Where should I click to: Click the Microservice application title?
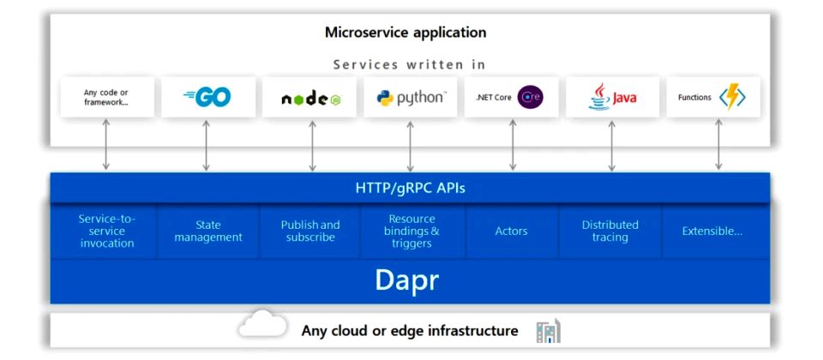pyautogui.click(x=405, y=33)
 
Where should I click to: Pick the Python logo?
pyautogui.click(x=411, y=98)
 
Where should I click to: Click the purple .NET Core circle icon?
pyautogui.click(x=531, y=98)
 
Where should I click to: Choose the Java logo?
pyautogui.click(x=612, y=98)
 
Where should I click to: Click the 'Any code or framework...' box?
pyautogui.click(x=106, y=98)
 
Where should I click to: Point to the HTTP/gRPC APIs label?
pyautogui.click(x=410, y=188)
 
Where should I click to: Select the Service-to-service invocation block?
pyautogui.click(x=107, y=231)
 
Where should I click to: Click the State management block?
pyautogui.click(x=208, y=231)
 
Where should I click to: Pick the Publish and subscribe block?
pyautogui.click(x=310, y=231)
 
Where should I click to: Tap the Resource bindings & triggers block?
pyautogui.click(x=412, y=231)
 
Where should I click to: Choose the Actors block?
pyautogui.click(x=512, y=231)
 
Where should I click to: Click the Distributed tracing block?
pyautogui.click(x=610, y=231)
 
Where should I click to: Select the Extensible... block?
pyautogui.click(x=712, y=231)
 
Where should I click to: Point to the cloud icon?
pyautogui.click(x=263, y=327)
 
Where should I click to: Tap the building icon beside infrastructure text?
pyautogui.click(x=547, y=331)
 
